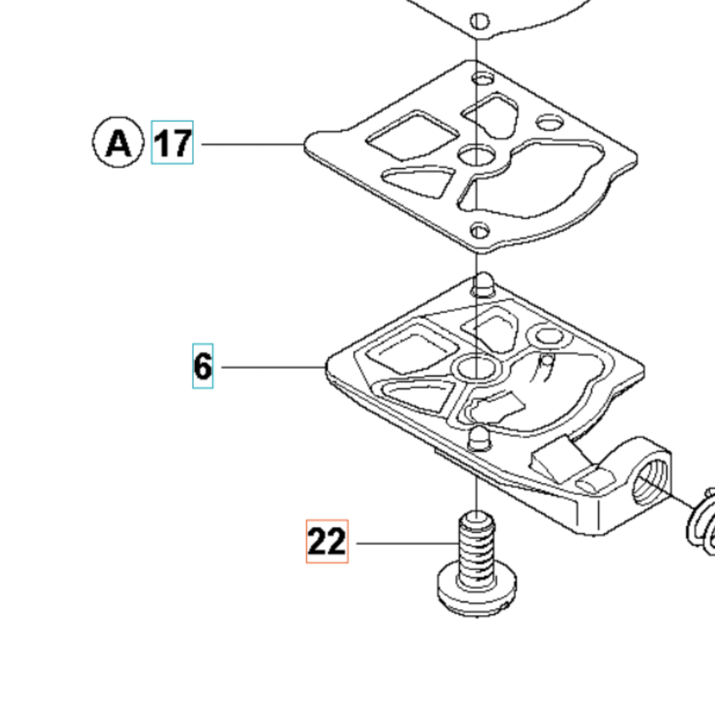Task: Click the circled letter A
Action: coord(118,142)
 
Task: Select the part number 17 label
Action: coord(172,143)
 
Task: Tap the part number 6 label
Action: coord(203,366)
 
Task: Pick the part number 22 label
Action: coord(327,542)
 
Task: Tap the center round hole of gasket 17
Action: coord(477,155)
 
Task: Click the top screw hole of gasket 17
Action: coord(483,79)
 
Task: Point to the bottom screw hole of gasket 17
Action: coord(480,231)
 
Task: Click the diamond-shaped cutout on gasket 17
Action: coord(412,136)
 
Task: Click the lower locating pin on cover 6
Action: coord(479,439)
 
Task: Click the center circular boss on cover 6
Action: coord(477,367)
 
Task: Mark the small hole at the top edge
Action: coord(480,21)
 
